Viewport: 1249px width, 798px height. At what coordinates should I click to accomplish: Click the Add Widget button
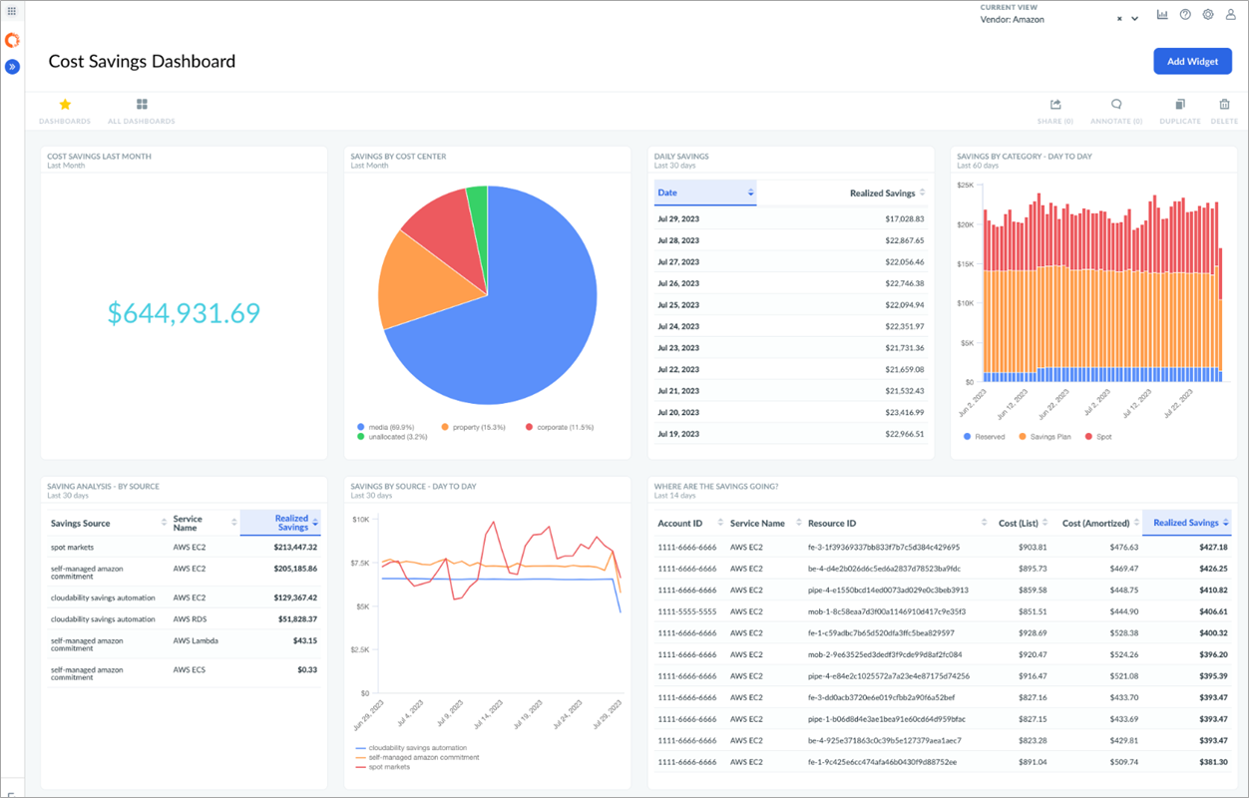(x=1192, y=61)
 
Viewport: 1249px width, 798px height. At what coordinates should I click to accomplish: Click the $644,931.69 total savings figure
(x=184, y=313)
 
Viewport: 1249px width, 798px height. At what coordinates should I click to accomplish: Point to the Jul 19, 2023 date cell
(x=678, y=434)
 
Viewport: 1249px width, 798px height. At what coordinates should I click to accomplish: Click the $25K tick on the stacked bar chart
(x=965, y=185)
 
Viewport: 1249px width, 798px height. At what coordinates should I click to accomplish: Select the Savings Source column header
(x=81, y=523)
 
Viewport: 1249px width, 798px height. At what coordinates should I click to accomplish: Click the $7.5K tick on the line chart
(x=361, y=563)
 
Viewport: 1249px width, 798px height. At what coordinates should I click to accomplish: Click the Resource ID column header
(x=832, y=523)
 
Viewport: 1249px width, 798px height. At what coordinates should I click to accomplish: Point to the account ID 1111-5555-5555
(x=687, y=611)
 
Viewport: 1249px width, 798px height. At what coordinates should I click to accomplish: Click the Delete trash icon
(x=1224, y=105)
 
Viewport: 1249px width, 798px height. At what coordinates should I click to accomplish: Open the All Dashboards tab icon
(x=142, y=105)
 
